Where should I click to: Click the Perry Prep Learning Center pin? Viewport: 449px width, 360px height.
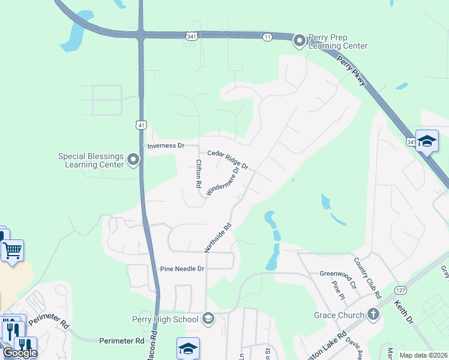(x=299, y=41)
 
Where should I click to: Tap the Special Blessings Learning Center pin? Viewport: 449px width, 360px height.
(x=133, y=160)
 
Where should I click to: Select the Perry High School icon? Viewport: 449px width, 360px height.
(x=208, y=318)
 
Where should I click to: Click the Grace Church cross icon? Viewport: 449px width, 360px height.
(x=373, y=314)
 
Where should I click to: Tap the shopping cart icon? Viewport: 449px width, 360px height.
(x=13, y=249)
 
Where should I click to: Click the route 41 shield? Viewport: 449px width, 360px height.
(x=140, y=125)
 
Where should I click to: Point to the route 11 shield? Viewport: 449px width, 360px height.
(x=267, y=37)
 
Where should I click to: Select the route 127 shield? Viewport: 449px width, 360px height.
(x=400, y=290)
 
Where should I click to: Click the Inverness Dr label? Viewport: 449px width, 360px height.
(x=165, y=146)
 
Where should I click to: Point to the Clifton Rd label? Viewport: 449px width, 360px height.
(x=197, y=174)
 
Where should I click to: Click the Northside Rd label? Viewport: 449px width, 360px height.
(x=217, y=238)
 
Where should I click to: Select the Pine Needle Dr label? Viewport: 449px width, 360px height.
(x=182, y=269)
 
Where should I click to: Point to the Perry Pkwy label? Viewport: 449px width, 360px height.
(x=351, y=71)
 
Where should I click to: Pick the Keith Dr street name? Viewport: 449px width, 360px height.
(x=403, y=312)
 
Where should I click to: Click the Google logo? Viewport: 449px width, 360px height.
(x=19, y=353)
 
